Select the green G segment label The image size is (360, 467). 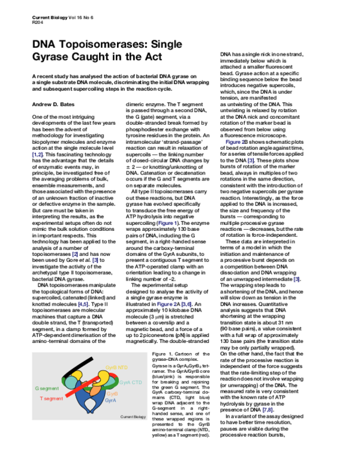[47, 388]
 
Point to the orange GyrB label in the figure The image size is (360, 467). [112, 393]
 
